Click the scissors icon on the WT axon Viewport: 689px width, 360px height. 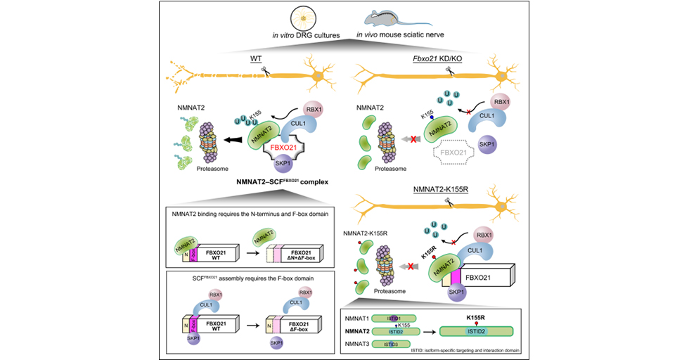tap(265, 70)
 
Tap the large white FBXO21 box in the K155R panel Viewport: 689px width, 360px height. tap(487, 266)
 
